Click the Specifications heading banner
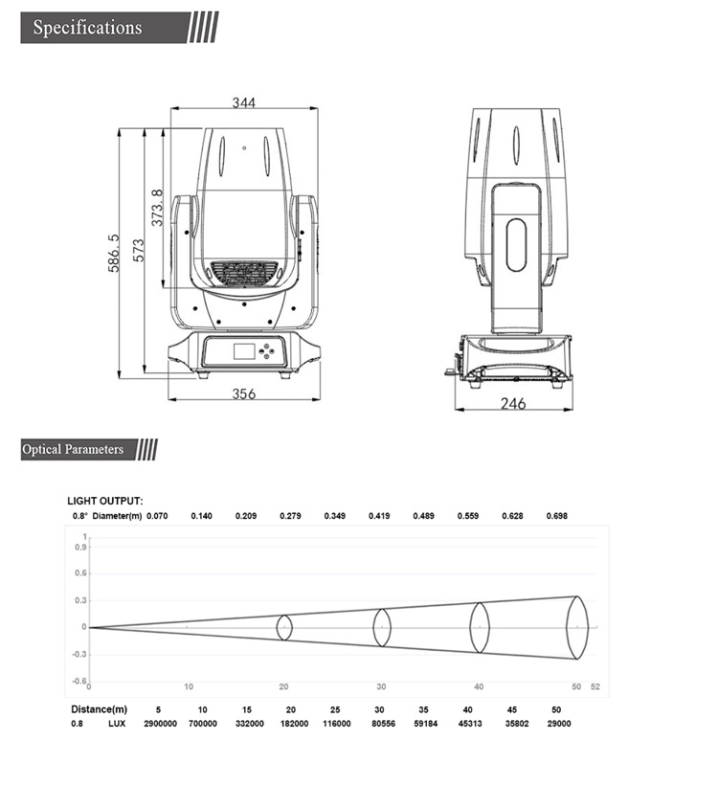tap(87, 27)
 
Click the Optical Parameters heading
tap(74, 449)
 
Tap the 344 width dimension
tap(244, 103)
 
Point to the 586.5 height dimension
tap(115, 254)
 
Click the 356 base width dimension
tap(244, 393)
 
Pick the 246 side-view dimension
tap(513, 404)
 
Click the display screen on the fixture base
tap(245, 350)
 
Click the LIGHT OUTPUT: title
tap(105, 501)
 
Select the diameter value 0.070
tap(157, 516)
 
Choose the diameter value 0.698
tap(557, 516)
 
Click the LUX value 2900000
tap(158, 724)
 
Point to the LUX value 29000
tap(559, 724)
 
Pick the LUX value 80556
tap(381, 724)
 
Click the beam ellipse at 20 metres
tap(284, 627)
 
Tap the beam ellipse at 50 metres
tap(576, 627)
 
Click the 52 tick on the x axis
tap(595, 686)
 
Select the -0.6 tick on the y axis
tap(80, 680)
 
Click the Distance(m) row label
tap(99, 709)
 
